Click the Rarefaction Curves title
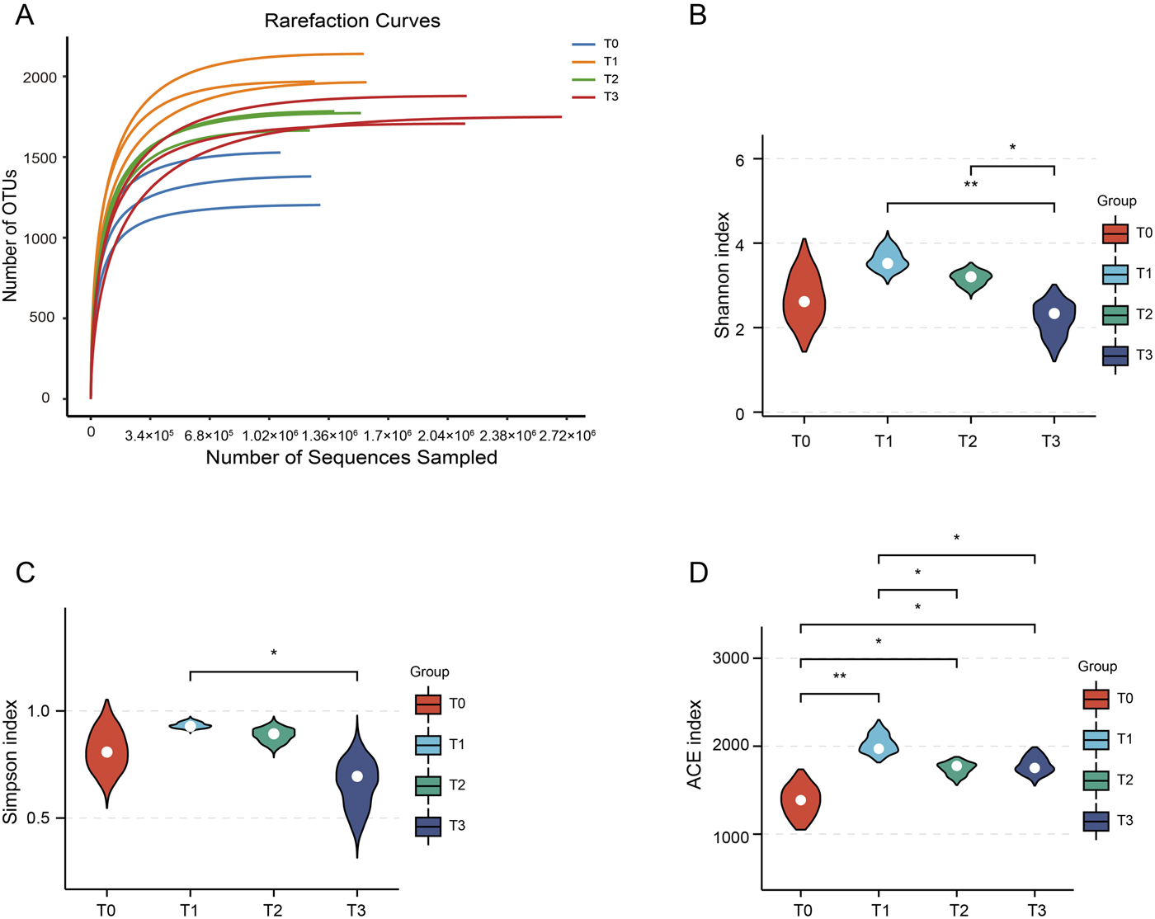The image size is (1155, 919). pyautogui.click(x=352, y=21)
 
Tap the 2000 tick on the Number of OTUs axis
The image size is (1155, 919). pyautogui.click(x=40, y=78)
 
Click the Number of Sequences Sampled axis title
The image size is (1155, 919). pyautogui.click(x=351, y=457)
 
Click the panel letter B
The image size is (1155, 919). pyautogui.click(x=698, y=15)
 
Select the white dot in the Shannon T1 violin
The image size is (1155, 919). pyautogui.click(x=888, y=263)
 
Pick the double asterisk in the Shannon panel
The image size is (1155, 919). pyautogui.click(x=971, y=186)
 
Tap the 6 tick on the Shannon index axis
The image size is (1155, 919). pyautogui.click(x=740, y=159)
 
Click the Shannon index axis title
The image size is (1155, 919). pyautogui.click(x=723, y=275)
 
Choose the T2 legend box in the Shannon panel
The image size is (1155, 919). pyautogui.click(x=1115, y=314)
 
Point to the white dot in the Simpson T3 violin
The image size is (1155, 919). pyautogui.click(x=357, y=776)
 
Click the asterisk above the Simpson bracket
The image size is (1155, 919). pyautogui.click(x=274, y=654)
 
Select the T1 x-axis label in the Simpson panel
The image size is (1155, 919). pyautogui.click(x=190, y=910)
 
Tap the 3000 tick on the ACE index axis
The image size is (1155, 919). pyautogui.click(x=730, y=658)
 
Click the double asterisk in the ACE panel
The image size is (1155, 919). pyautogui.click(x=840, y=677)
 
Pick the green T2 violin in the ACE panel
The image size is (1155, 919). pyautogui.click(x=957, y=768)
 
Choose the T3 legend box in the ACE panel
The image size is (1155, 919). pyautogui.click(x=1096, y=821)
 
